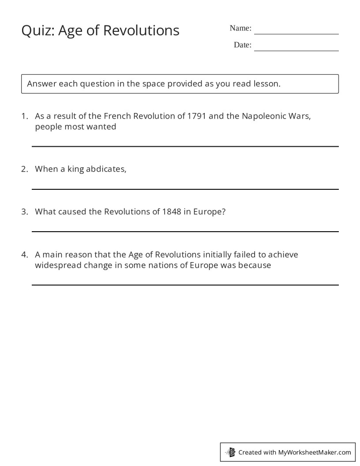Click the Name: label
240,28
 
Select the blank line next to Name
296,34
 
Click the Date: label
243,45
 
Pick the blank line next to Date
296,50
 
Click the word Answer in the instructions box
41,84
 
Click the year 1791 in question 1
196,116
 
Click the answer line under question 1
185,147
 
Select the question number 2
25,169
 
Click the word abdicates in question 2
106,169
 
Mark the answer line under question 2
185,189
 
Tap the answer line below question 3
185,232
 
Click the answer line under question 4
185,285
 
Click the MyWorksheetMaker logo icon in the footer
231,452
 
